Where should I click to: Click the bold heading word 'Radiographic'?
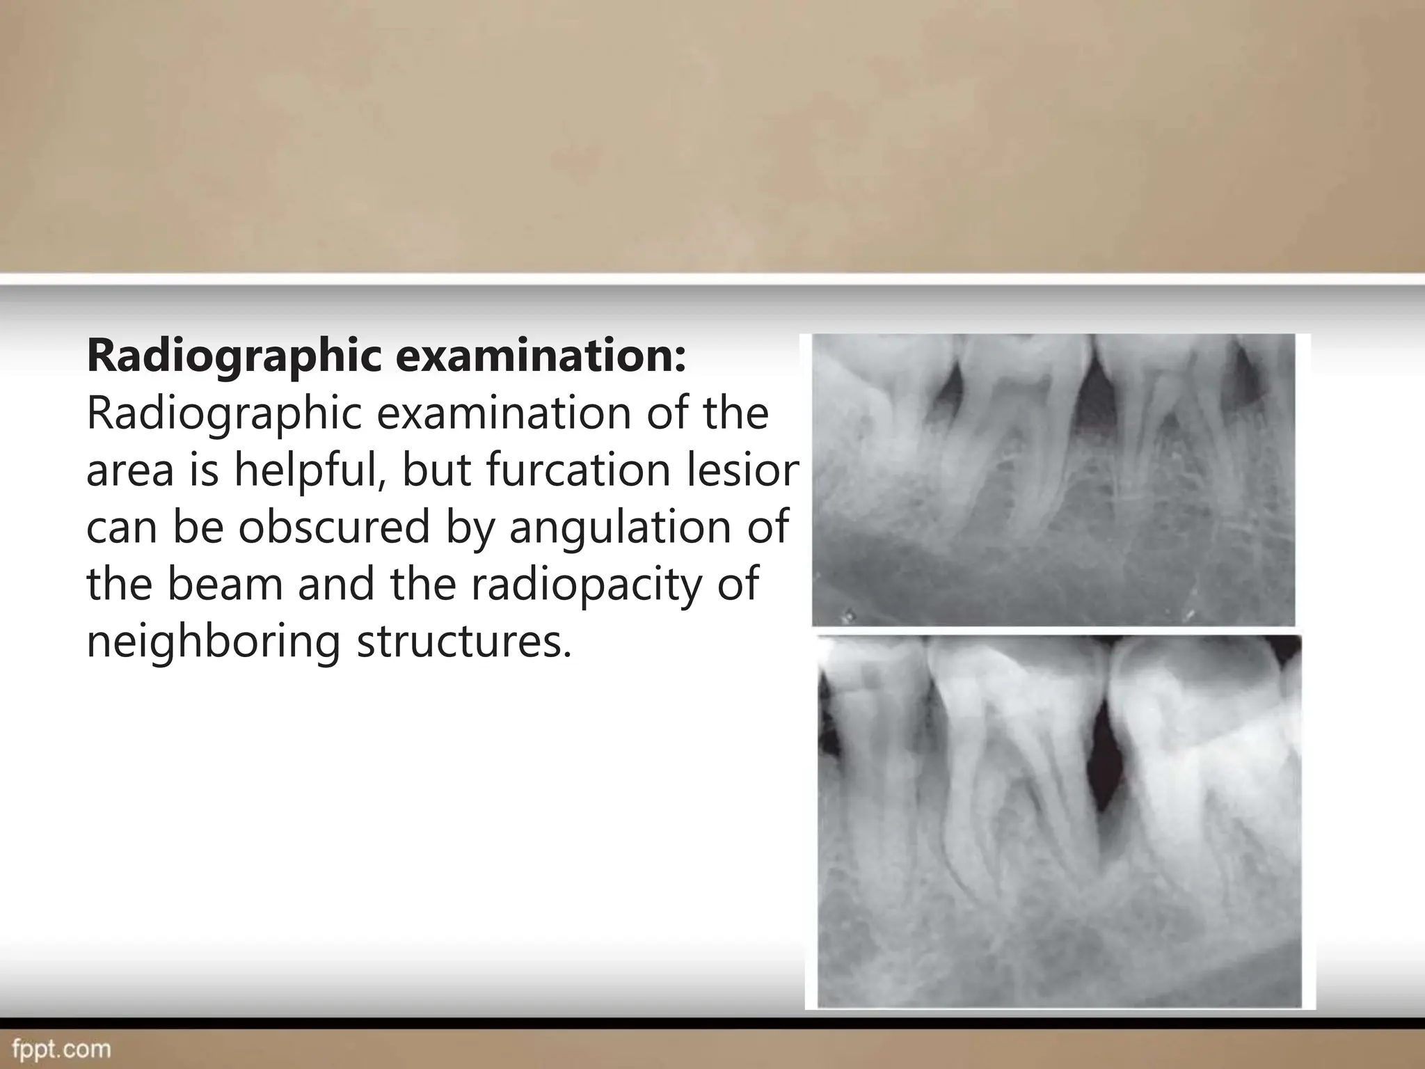pyautogui.click(x=234, y=356)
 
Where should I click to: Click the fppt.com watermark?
pyautogui.click(x=61, y=1049)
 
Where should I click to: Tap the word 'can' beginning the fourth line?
pyautogui.click(x=119, y=527)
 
